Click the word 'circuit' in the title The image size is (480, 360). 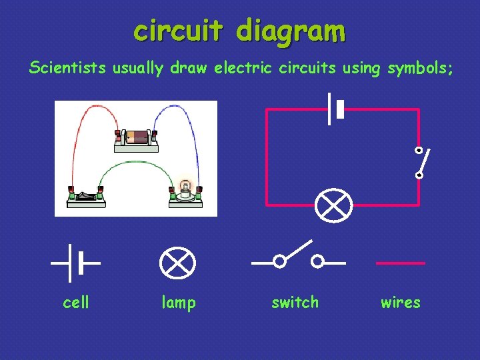coord(175,31)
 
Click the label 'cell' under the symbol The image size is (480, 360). coord(75,303)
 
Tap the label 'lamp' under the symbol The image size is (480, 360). coord(179,303)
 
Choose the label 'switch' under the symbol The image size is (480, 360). coord(295,303)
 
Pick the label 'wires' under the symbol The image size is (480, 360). coord(400,303)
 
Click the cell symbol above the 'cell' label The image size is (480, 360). coord(75,263)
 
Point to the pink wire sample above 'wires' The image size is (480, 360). coord(401,263)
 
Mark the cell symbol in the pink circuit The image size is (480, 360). coord(335,109)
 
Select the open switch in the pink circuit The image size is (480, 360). coord(419,163)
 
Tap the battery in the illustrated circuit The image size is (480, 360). coord(139,137)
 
